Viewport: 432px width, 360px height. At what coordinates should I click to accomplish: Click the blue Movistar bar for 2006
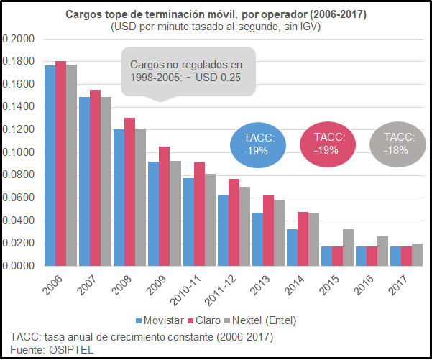[x=50, y=165]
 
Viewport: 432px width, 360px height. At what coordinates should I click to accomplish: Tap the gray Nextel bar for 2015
[x=348, y=247]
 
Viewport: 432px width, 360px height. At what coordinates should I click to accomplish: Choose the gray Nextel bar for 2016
[x=382, y=251]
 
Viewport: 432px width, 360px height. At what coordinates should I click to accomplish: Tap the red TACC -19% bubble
[x=328, y=144]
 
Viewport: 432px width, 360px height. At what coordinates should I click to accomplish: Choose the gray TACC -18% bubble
[x=397, y=144]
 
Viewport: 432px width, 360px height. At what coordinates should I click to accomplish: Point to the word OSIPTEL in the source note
[x=73, y=350]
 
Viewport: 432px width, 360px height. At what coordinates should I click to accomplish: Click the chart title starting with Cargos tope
[x=215, y=14]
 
